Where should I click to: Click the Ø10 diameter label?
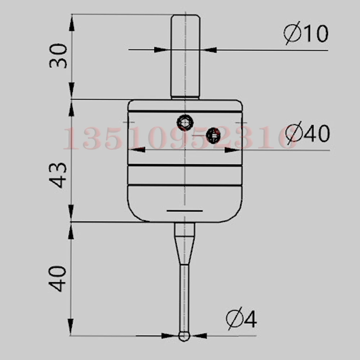(306, 33)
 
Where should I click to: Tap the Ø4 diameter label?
(241, 318)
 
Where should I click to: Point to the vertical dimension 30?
(58, 56)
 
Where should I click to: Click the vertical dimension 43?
(58, 175)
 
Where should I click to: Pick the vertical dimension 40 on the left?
(57, 279)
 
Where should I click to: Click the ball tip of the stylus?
(184, 337)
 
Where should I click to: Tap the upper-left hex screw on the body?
(185, 122)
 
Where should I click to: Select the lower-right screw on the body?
(213, 135)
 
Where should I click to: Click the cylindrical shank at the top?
(185, 57)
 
